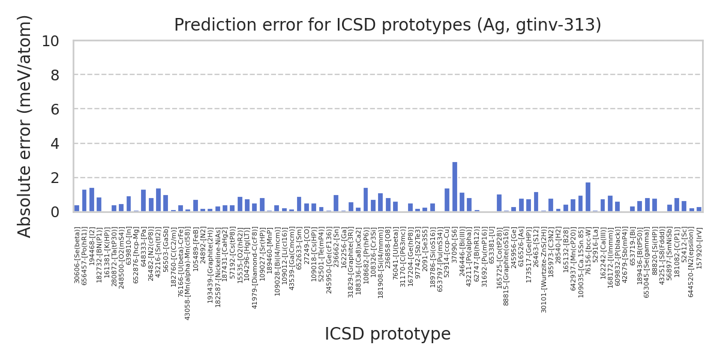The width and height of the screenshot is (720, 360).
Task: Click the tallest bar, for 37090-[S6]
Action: (x=455, y=187)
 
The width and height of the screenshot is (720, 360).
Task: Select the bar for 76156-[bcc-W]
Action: (x=588, y=197)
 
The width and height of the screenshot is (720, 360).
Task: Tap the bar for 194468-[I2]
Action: (x=92, y=200)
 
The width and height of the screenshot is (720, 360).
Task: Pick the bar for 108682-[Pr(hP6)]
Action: (x=365, y=200)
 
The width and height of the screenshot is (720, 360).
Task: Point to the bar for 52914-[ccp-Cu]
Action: (x=447, y=200)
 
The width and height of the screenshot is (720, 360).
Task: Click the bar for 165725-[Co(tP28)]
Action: (x=499, y=203)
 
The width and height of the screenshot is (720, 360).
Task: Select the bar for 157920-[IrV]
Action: (x=699, y=209)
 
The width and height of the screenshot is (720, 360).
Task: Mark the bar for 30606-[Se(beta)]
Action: (x=77, y=208)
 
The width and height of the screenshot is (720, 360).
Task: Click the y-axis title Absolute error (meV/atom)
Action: (x=25, y=126)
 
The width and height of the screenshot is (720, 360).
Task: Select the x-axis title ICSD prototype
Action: (x=388, y=334)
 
